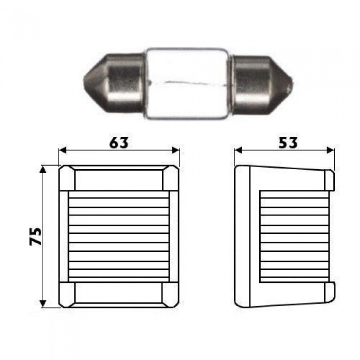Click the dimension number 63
[119, 142]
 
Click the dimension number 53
[288, 142]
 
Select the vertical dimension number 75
[35, 237]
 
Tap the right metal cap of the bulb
[262, 85]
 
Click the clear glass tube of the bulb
[188, 83]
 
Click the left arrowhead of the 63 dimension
[62, 150]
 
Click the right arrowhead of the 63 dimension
[176, 150]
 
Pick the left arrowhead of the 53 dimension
[238, 150]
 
